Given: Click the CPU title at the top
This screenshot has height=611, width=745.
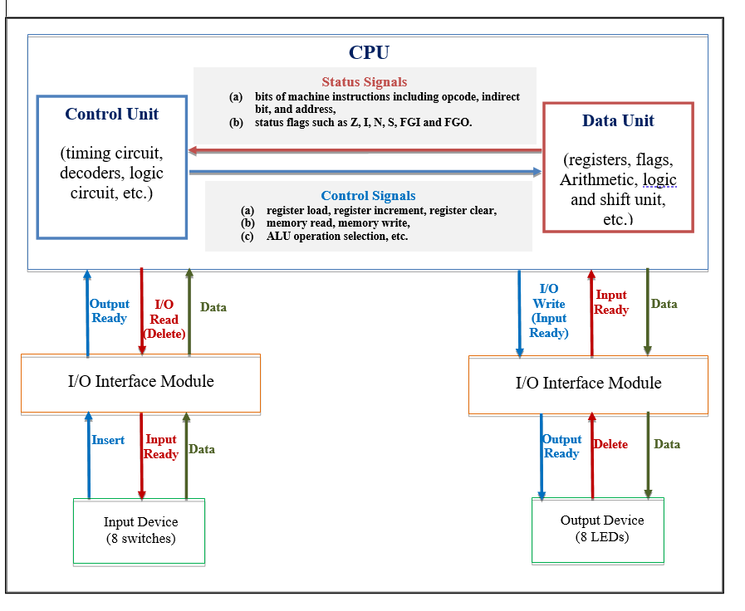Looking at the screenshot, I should [x=369, y=52].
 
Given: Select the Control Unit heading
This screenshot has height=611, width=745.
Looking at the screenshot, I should [x=112, y=114].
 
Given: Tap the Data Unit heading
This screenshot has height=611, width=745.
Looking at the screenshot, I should [x=618, y=120].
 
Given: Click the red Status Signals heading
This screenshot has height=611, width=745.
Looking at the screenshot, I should [x=364, y=81].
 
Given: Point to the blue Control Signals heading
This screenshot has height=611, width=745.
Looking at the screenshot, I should [x=368, y=196].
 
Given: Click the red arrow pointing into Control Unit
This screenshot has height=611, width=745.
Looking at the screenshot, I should [x=365, y=150].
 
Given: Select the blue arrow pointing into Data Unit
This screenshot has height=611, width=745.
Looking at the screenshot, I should [x=365, y=172].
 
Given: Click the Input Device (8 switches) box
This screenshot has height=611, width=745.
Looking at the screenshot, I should [x=140, y=530].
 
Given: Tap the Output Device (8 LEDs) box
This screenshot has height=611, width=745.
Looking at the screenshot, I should [x=599, y=529].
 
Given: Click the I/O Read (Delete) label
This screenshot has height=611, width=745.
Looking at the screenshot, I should [x=164, y=320].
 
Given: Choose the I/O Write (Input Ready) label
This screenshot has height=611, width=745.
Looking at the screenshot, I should [x=549, y=310].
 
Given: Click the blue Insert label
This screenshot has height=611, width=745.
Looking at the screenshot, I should [x=108, y=440].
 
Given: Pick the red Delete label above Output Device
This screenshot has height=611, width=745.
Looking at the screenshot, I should [x=610, y=444].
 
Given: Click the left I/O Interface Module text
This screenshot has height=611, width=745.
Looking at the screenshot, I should [x=140, y=382].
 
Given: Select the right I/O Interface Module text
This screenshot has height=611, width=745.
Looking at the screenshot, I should [x=588, y=383].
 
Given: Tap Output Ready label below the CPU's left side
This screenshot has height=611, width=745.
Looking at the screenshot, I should [x=110, y=311].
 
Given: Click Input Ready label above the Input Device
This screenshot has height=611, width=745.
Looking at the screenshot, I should [x=161, y=447].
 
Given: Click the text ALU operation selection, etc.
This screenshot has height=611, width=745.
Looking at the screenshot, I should [x=337, y=237].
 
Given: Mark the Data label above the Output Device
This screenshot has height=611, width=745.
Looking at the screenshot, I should [x=667, y=444].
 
